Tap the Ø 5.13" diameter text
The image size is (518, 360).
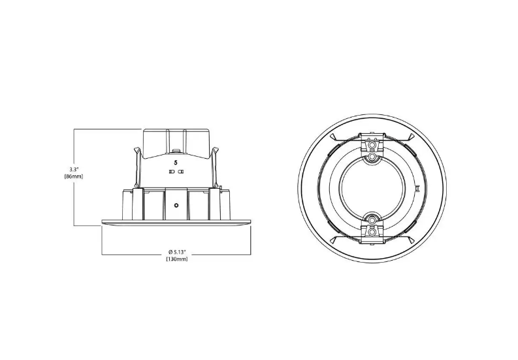click(176, 252)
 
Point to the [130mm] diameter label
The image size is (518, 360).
click(176, 259)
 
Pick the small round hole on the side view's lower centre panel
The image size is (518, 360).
click(176, 205)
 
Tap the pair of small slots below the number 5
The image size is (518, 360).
click(176, 172)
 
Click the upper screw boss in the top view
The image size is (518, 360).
click(372, 157)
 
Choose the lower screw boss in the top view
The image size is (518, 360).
click(372, 230)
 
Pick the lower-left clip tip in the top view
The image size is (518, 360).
click(332, 247)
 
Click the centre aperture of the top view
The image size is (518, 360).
click(372, 193)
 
